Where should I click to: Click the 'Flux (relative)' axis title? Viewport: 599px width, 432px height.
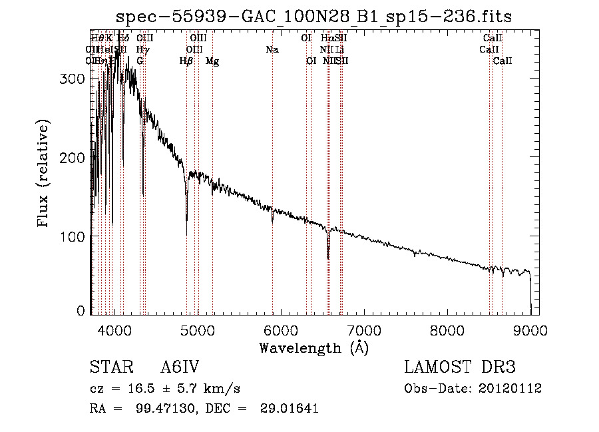pos(45,174)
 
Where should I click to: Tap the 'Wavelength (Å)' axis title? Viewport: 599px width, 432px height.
pos(313,347)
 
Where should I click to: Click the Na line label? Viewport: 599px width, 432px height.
pos(272,50)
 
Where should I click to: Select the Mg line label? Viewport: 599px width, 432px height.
pos(212,61)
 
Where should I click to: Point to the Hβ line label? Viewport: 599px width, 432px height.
pos(186,61)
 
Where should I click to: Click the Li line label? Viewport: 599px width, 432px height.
pos(339,50)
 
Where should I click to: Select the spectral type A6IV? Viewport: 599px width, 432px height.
pos(179,367)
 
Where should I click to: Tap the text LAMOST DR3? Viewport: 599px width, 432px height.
pos(460,367)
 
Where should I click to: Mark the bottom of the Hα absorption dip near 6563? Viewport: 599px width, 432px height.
pos(328,258)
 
